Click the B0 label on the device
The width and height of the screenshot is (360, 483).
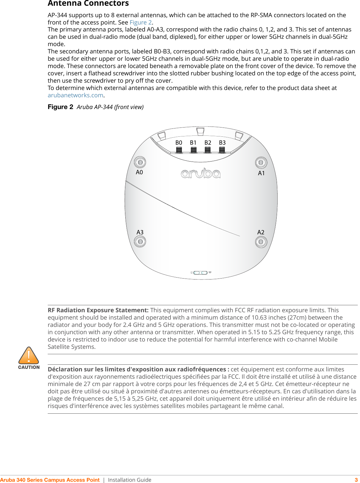(x=179, y=143)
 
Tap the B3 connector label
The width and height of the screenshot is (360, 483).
(x=222, y=143)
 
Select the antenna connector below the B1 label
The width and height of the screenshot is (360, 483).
(x=193, y=150)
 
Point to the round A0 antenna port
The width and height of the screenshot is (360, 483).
(x=140, y=162)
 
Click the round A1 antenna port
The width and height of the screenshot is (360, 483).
(x=261, y=162)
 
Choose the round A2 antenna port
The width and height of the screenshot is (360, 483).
(x=261, y=242)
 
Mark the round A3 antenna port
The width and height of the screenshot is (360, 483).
(x=140, y=242)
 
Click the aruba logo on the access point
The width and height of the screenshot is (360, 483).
(x=201, y=173)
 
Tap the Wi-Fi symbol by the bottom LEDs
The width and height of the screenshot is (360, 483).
(x=210, y=273)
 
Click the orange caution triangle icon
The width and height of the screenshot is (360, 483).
(x=29, y=356)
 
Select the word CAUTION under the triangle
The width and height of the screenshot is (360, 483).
(x=29, y=367)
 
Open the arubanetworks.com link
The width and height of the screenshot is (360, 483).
(x=75, y=95)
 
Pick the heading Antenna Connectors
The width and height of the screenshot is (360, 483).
(x=88, y=3)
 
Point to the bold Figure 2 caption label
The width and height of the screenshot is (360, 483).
(x=60, y=107)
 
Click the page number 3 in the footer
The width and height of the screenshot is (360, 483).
(x=356, y=480)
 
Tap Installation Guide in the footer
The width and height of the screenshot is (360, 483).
(x=129, y=480)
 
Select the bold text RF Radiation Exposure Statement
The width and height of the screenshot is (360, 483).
(x=98, y=310)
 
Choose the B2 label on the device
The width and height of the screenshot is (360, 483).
(x=208, y=143)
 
